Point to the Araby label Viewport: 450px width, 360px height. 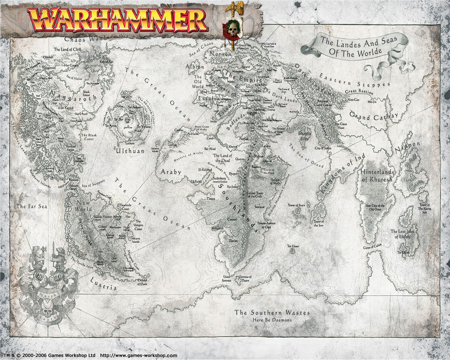[x=171, y=172]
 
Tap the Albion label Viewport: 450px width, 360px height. [x=195, y=66]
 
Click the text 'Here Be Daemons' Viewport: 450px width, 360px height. [x=272, y=320]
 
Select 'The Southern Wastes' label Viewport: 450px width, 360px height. [x=272, y=312]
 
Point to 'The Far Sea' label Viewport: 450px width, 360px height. [x=32, y=206]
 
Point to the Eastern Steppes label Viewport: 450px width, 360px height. [x=355, y=80]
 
